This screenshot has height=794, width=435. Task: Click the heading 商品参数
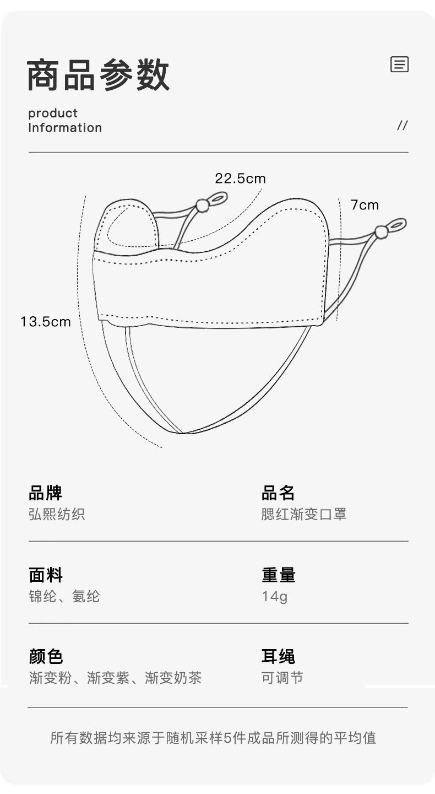tap(98, 75)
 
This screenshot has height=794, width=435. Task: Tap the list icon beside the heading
tap(399, 64)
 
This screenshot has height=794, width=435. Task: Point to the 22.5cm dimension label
tap(240, 179)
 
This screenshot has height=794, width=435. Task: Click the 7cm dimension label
tap(365, 206)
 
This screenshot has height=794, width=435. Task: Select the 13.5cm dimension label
tap(46, 322)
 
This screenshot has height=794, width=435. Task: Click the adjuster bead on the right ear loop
tap(381, 232)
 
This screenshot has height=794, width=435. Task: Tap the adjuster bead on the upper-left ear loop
tap(203, 206)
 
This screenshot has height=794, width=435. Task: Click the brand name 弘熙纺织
tap(57, 515)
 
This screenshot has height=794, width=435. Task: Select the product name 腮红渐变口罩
tap(303, 515)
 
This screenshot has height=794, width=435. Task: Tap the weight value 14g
tap(274, 597)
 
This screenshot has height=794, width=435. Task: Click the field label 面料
tap(46, 575)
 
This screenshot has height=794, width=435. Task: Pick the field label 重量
tap(278, 575)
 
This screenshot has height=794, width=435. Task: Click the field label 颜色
tap(46, 657)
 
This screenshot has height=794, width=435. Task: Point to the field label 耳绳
tap(278, 657)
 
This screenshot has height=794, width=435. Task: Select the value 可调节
tap(282, 678)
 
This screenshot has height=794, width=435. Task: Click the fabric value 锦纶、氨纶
tap(64, 597)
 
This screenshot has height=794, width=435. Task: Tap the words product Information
tap(65, 121)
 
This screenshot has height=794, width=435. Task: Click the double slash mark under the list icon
tap(402, 126)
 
